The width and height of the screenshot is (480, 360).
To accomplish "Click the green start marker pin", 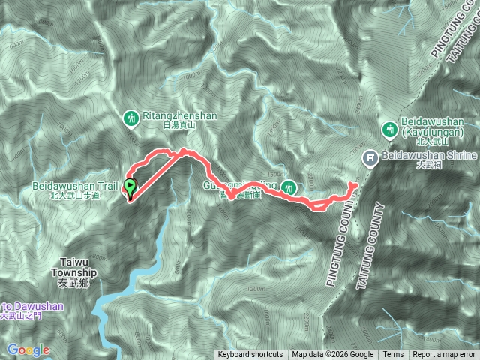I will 130,187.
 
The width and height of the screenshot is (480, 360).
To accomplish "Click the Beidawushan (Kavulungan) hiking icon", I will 390,130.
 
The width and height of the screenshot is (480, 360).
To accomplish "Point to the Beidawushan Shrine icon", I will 370,157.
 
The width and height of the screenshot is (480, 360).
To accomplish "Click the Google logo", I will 28,349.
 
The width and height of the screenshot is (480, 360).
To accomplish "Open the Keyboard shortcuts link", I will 250,355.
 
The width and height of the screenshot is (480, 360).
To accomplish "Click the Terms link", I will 393,355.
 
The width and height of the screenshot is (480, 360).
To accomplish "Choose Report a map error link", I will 445,355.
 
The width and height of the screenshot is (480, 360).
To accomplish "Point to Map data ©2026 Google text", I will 333,355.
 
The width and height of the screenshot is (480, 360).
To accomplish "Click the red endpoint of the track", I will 353,184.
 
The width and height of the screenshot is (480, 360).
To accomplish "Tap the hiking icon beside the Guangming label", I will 289,187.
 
